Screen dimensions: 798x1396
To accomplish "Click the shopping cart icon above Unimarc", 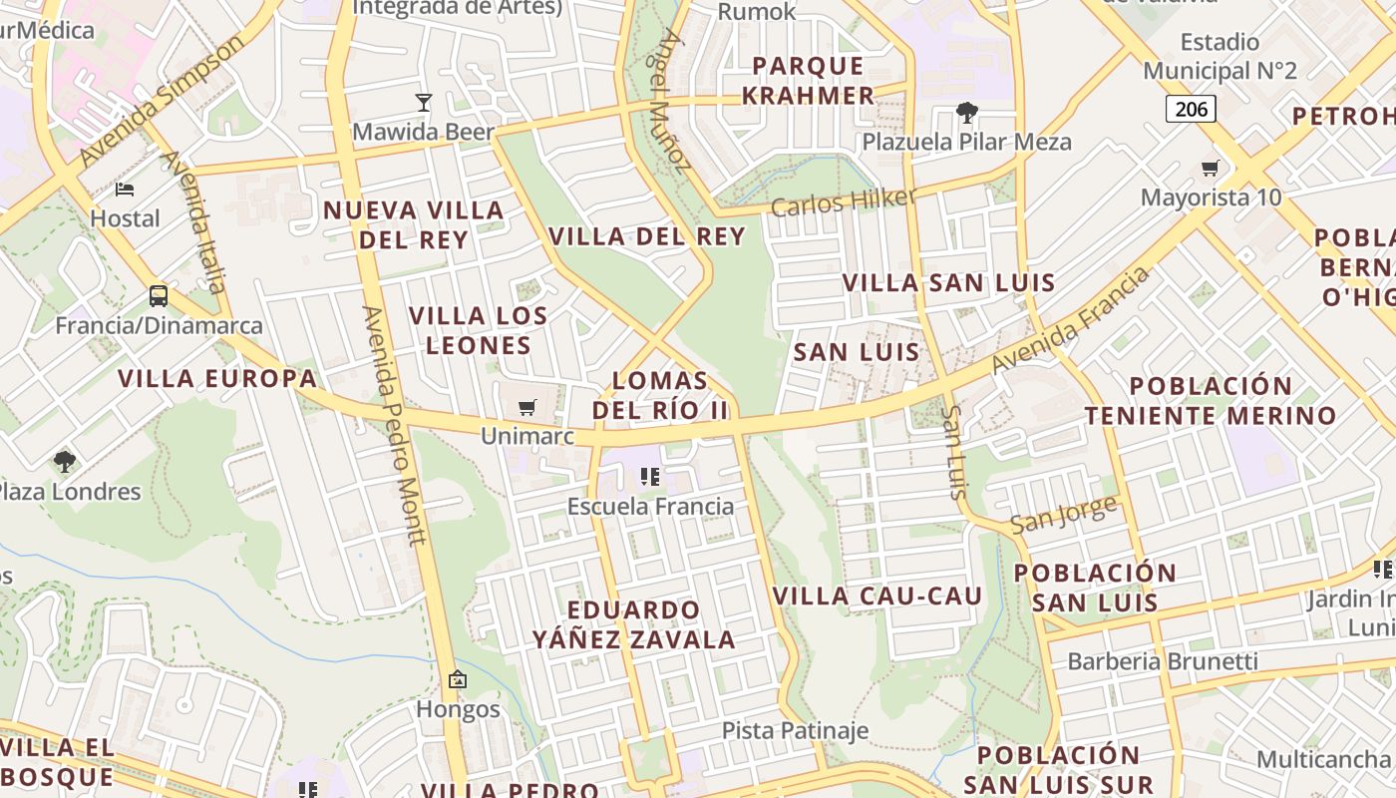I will [x=527, y=407].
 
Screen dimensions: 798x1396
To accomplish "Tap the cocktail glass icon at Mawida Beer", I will [x=424, y=102].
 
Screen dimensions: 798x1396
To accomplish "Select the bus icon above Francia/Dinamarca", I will [x=159, y=295].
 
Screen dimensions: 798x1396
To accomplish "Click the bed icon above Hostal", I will [x=125, y=189].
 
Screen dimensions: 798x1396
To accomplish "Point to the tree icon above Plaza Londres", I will [x=65, y=461].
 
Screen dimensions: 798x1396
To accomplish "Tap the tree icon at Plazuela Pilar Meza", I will [x=966, y=112].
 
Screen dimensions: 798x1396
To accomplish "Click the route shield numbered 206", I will [x=1191, y=108].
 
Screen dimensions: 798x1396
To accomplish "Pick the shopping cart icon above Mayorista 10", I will [x=1211, y=168].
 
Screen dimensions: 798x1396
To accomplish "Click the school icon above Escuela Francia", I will [x=650, y=477].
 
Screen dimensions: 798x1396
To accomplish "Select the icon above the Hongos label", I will [x=458, y=679].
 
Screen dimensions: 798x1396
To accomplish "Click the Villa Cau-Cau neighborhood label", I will [x=877, y=597].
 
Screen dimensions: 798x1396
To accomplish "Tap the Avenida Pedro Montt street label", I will [x=395, y=426].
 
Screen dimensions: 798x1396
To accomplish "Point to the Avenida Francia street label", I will [x=1071, y=321].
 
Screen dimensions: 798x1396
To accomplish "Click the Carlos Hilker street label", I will [x=843, y=201].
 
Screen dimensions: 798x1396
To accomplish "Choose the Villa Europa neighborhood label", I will [x=217, y=379].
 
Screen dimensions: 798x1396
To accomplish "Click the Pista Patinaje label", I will [x=795, y=730].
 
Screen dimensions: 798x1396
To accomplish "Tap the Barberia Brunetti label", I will [x=1163, y=661].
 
